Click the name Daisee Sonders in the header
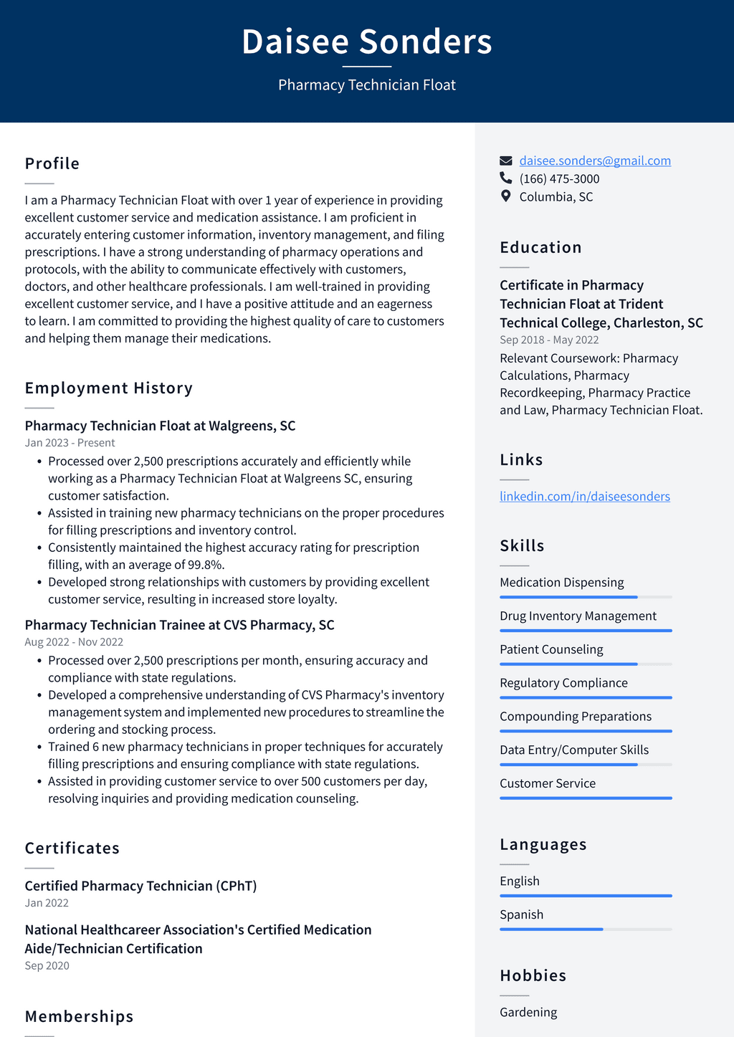click(367, 42)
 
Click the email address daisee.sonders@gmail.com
click(595, 161)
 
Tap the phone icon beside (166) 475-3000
click(506, 178)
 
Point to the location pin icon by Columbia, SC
click(506, 196)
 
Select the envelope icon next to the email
click(506, 161)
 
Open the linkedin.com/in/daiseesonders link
click(585, 496)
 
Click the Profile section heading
click(52, 163)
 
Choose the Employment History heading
click(109, 388)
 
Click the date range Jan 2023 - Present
click(70, 443)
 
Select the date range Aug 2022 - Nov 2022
click(74, 642)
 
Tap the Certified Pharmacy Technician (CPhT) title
click(140, 886)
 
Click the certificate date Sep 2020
click(47, 965)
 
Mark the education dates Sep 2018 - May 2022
click(549, 340)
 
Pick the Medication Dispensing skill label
click(562, 582)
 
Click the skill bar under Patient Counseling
click(586, 664)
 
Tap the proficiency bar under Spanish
click(586, 930)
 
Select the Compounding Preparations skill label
click(576, 716)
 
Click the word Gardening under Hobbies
click(528, 1012)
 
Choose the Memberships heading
click(80, 1016)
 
